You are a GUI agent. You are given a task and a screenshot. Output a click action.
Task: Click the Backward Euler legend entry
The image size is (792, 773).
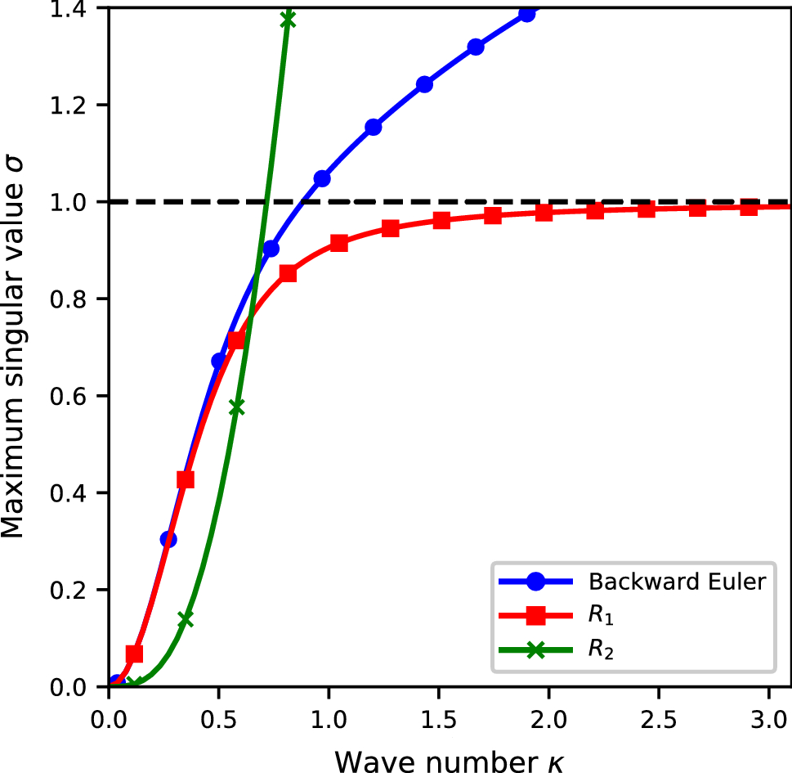click(x=676, y=582)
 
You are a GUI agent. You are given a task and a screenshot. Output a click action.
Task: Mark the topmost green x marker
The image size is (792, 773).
click(x=287, y=20)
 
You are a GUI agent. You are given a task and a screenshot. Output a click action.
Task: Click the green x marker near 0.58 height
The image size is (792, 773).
click(x=236, y=407)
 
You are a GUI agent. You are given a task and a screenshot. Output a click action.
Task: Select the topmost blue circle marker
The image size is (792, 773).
click(x=527, y=13)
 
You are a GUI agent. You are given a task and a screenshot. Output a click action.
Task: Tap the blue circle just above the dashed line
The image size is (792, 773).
click(x=322, y=178)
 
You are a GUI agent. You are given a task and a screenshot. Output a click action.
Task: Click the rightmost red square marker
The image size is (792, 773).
click(x=749, y=207)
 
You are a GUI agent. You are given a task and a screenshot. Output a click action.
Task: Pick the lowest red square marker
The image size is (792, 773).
click(x=134, y=654)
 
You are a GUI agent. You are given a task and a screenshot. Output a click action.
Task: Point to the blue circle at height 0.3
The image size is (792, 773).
click(x=168, y=539)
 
